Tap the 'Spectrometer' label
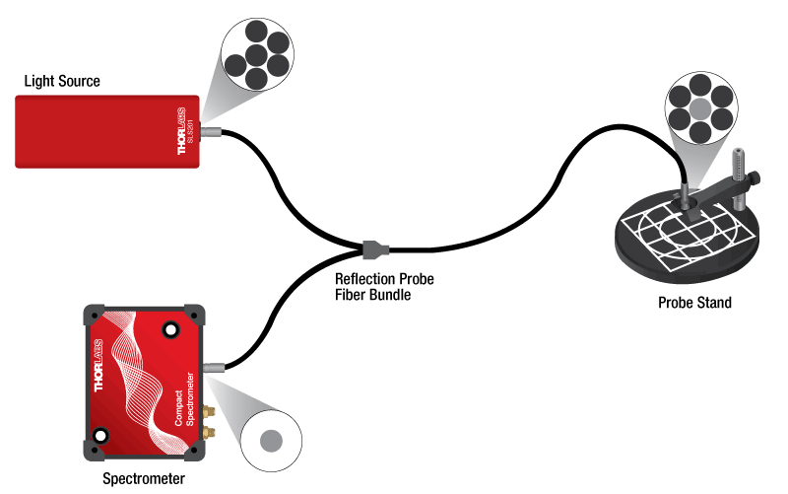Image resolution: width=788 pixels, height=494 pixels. (144, 479)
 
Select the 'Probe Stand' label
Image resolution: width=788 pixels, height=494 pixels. (694, 303)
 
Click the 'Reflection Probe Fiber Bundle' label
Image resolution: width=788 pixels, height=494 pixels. (384, 287)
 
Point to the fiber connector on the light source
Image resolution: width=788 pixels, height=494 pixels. (209, 130)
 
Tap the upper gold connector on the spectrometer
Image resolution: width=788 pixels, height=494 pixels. (208, 408)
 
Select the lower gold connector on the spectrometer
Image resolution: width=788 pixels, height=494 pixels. (210, 432)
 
